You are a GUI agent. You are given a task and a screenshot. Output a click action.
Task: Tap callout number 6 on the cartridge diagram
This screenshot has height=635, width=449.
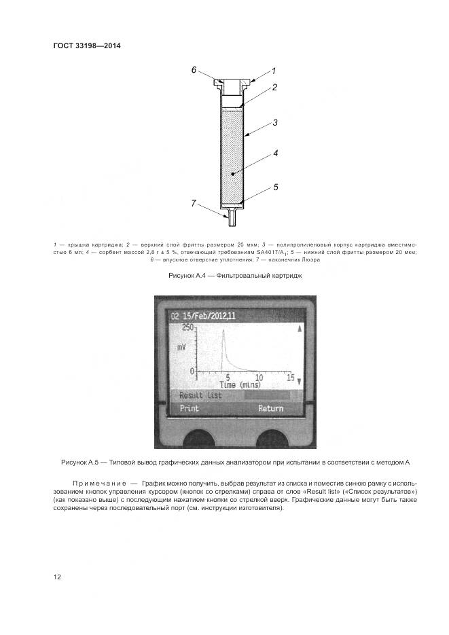(194, 70)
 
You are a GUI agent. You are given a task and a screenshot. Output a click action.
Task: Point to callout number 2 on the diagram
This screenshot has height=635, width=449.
(274, 87)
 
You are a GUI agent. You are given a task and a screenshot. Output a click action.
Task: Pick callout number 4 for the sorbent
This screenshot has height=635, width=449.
(276, 153)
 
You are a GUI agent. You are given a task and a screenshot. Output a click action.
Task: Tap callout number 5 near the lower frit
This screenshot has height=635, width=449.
(276, 185)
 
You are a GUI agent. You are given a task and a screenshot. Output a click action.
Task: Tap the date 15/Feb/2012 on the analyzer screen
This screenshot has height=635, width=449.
(205, 316)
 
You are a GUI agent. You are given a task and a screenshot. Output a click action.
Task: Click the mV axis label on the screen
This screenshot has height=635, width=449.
(182, 347)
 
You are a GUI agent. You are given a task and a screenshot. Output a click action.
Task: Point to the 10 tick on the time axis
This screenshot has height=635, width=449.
(259, 377)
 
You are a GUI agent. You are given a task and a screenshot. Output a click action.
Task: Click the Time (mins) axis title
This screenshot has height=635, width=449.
(226, 384)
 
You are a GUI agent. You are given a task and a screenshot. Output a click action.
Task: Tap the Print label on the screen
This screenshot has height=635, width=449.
(188, 408)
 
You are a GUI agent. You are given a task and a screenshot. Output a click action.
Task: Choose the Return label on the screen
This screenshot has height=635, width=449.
(270, 408)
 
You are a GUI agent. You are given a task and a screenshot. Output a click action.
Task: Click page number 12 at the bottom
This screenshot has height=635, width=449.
(57, 577)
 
